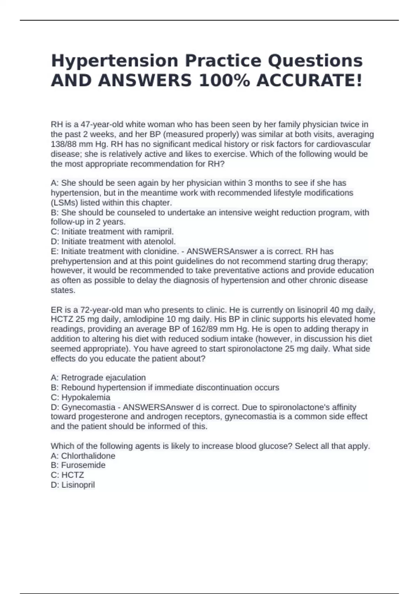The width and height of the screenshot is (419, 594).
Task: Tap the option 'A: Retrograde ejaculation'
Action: click(x=98, y=378)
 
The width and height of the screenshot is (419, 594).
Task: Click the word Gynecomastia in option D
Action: click(x=88, y=407)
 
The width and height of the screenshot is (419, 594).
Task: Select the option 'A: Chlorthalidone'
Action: click(x=83, y=456)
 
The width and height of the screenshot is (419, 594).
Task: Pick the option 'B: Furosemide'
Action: click(x=78, y=465)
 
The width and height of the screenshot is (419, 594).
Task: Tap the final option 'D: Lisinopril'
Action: click(x=73, y=485)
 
